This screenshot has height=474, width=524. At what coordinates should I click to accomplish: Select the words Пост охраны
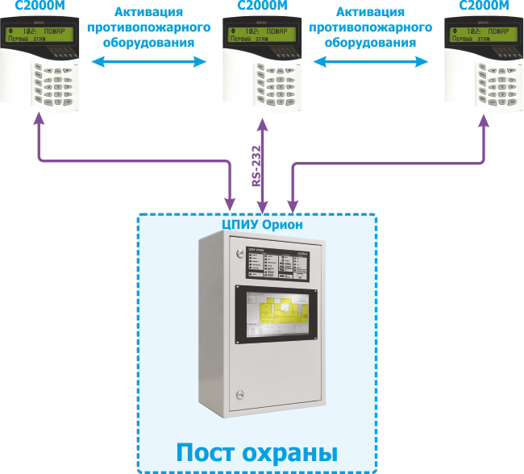256,449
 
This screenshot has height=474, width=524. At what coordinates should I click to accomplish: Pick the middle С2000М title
260,6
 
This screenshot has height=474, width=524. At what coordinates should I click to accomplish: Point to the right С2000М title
484,6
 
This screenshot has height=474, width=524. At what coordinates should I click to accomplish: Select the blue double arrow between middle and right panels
372,61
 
